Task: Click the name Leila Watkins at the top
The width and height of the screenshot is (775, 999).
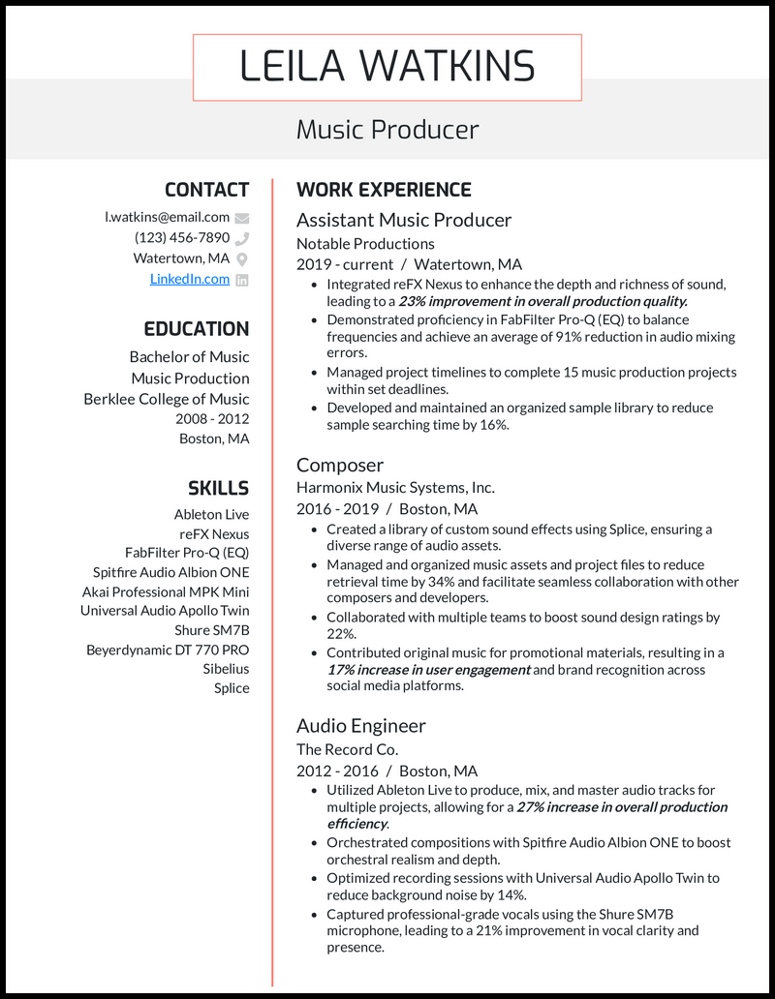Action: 387,67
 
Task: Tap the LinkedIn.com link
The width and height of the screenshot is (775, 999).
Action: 190,279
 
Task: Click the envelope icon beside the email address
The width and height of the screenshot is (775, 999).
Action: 242,218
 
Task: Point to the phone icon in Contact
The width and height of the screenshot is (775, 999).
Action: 242,238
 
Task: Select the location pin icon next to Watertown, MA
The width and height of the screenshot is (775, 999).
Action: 242,258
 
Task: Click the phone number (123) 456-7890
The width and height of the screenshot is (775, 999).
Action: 182,237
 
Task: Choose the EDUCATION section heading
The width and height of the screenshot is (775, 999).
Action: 197,329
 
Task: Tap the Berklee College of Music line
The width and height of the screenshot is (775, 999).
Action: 166,399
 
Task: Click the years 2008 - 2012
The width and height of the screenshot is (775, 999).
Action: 212,419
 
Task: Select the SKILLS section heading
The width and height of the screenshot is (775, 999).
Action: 218,488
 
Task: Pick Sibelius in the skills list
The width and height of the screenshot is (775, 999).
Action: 226,669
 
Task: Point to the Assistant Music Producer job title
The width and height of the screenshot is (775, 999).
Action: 403,220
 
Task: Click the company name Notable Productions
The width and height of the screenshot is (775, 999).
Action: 365,244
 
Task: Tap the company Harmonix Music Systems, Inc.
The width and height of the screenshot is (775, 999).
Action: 395,488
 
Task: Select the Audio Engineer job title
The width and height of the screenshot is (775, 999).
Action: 360,725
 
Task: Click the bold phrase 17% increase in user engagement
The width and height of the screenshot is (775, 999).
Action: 428,670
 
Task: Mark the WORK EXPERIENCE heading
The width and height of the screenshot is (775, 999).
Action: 384,190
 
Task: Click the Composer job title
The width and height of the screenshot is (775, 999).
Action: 340,465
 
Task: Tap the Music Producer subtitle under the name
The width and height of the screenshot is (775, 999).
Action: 387,129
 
